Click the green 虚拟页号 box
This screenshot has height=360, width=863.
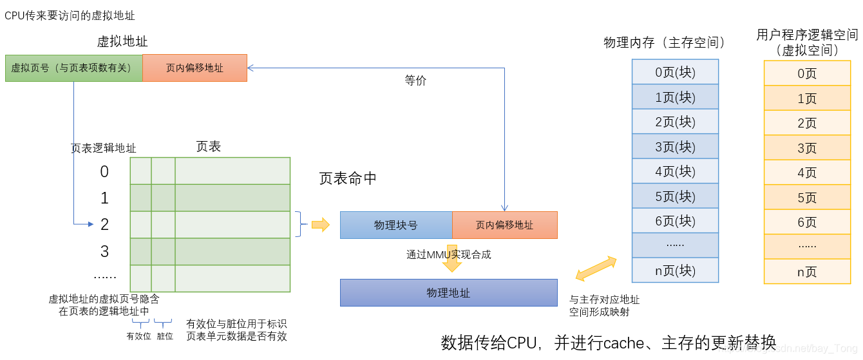click(x=73, y=68)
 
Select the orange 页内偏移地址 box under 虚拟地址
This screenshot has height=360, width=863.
click(x=194, y=68)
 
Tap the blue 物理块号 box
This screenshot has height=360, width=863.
click(x=396, y=225)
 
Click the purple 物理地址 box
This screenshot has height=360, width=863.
click(x=448, y=292)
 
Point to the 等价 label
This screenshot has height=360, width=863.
click(x=415, y=81)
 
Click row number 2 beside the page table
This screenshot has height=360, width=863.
click(x=104, y=224)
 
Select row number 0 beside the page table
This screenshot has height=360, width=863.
click(x=104, y=171)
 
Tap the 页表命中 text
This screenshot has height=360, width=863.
click(x=348, y=178)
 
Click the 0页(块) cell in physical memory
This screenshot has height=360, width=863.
click(x=675, y=72)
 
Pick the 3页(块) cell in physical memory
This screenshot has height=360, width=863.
click(x=675, y=146)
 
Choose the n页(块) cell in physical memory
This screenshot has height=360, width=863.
click(x=675, y=270)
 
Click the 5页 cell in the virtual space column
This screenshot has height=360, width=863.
click(x=807, y=197)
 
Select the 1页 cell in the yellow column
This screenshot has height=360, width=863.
click(x=807, y=99)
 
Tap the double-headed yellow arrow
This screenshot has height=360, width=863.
click(x=596, y=269)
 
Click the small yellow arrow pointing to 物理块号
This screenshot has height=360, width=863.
click(x=319, y=225)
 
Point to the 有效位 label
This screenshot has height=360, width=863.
click(x=138, y=336)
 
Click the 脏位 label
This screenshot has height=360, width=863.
click(x=165, y=336)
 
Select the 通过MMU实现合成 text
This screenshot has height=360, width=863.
click(x=448, y=254)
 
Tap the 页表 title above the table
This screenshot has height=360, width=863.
click(x=208, y=147)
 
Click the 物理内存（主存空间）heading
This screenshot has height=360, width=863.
click(x=665, y=43)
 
